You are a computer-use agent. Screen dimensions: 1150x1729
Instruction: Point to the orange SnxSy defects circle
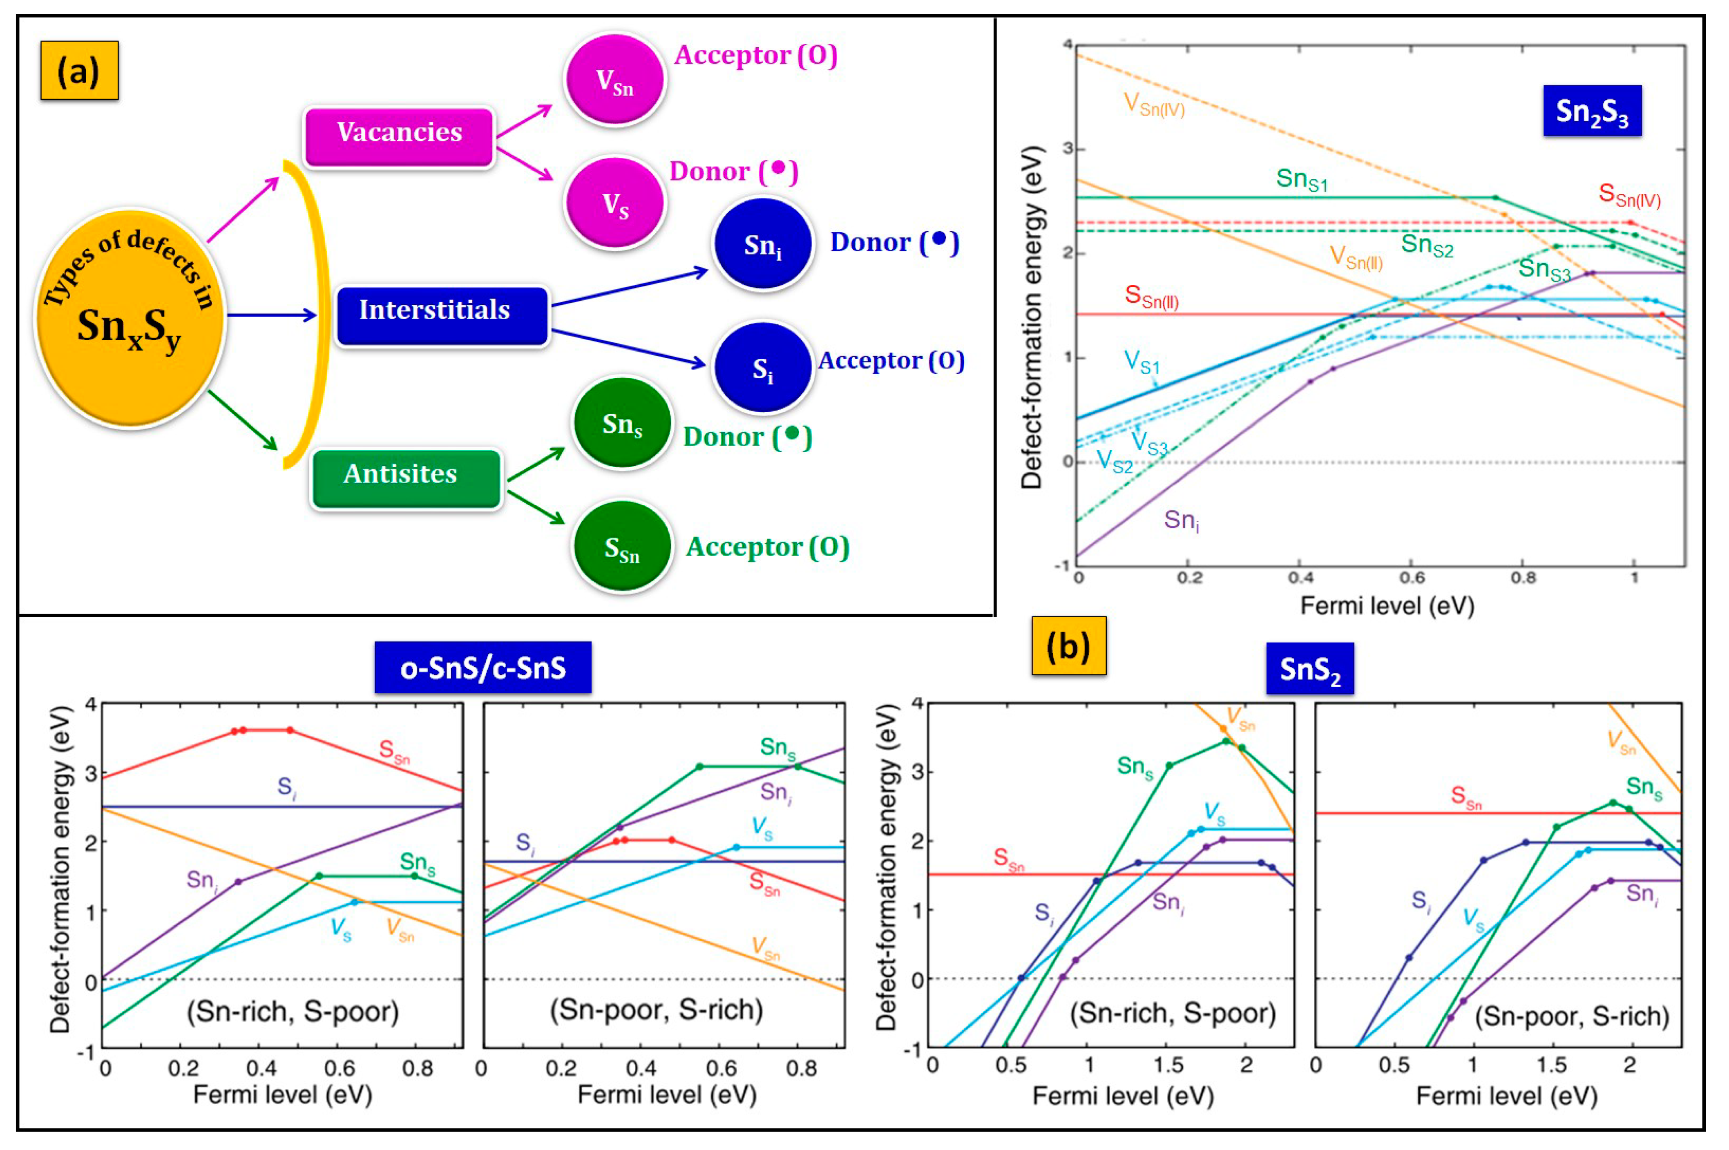coord(130,317)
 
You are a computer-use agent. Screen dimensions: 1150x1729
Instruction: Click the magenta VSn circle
coord(614,80)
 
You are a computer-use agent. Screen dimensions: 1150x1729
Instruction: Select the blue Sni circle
coord(763,244)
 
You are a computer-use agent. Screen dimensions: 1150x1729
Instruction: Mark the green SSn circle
coord(622,546)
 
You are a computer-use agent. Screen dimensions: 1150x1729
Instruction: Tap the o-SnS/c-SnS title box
coord(483,668)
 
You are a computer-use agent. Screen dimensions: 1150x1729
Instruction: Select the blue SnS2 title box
coord(1309,668)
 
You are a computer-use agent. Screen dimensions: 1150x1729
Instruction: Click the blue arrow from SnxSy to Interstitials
coord(271,315)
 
